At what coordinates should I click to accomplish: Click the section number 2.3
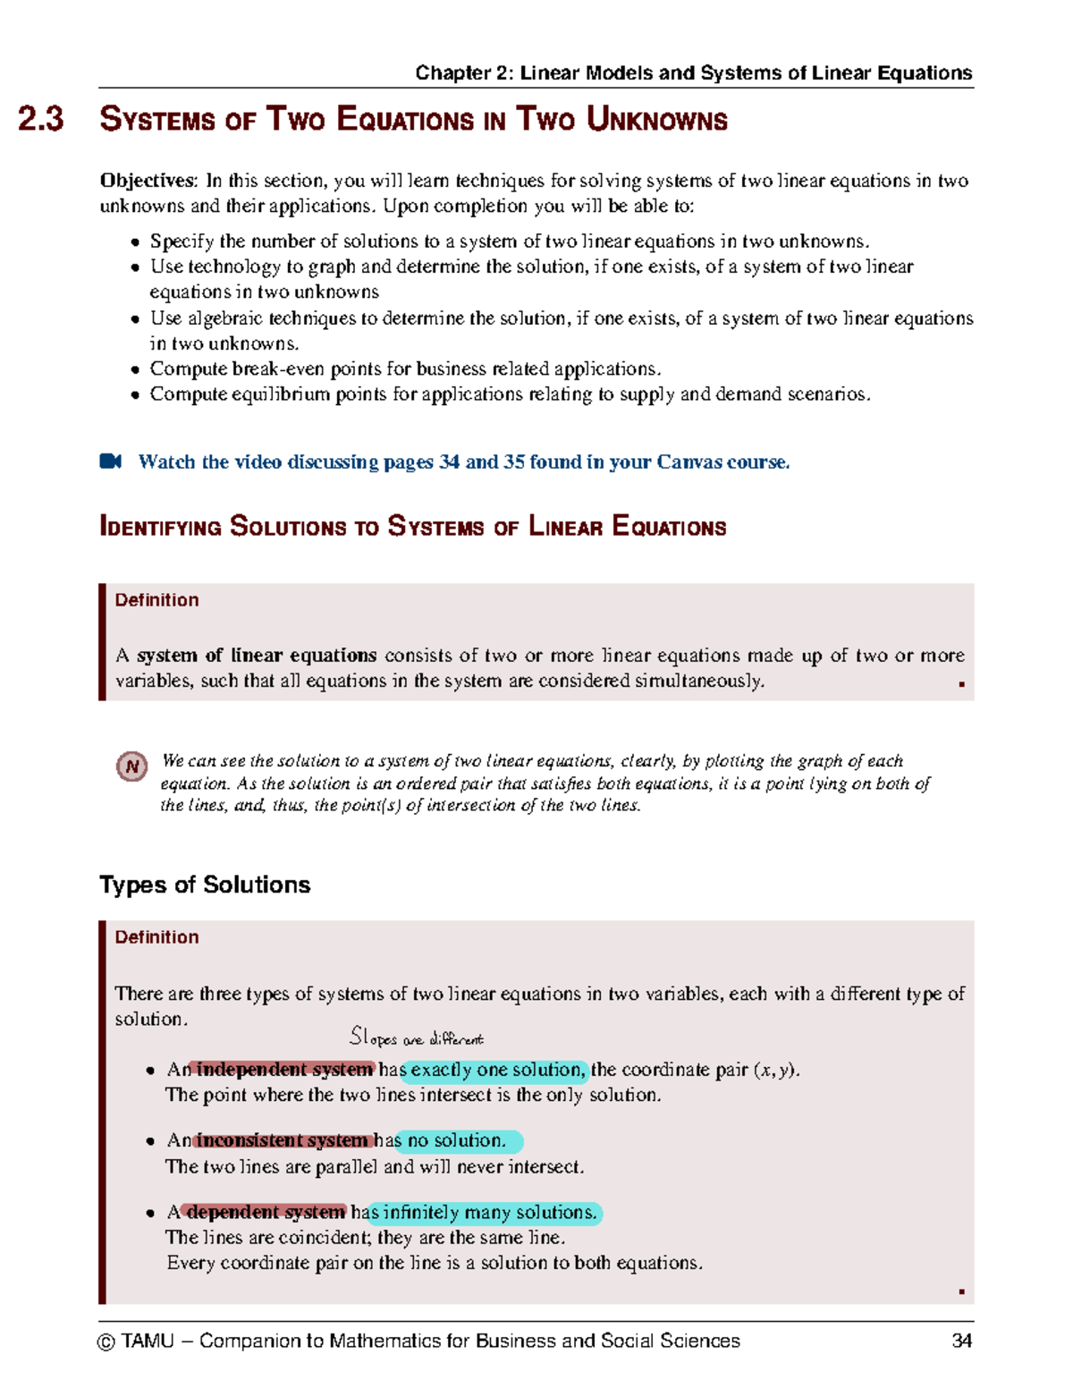(41, 119)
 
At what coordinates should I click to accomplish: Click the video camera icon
(110, 462)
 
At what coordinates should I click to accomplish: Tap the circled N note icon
(132, 766)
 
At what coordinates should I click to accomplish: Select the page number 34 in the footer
(961, 1341)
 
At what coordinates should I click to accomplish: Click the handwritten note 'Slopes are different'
(416, 1038)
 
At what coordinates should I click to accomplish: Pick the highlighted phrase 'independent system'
(283, 1069)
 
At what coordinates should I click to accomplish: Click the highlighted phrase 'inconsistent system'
(283, 1140)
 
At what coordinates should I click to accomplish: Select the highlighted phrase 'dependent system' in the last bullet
(265, 1212)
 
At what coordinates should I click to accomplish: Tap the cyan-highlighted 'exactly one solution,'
(497, 1070)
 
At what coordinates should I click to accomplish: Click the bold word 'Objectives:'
(148, 181)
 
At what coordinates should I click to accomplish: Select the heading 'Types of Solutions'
(205, 885)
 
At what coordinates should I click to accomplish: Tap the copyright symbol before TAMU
(106, 1342)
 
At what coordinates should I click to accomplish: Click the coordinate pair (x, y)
(775, 1070)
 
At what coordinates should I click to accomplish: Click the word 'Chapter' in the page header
(453, 73)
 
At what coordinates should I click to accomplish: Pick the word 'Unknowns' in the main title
(657, 120)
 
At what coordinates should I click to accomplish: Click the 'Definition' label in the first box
(156, 600)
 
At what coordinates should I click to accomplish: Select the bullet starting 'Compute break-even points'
(405, 368)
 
